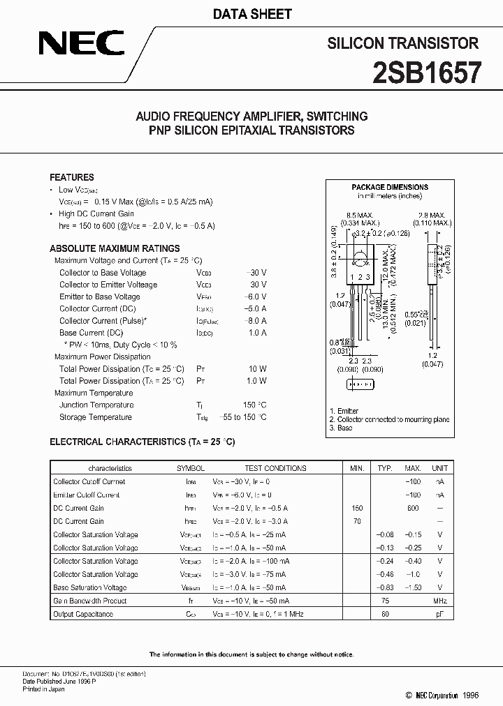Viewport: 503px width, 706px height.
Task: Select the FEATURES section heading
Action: (72, 177)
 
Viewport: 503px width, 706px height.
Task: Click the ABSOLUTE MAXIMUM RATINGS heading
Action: (115, 248)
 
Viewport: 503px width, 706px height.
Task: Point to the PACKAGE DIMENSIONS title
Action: (389, 187)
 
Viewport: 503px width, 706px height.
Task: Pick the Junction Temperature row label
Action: (96, 405)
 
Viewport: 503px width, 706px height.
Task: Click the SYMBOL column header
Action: (190, 468)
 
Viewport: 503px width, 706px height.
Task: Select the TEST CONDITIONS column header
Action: (275, 468)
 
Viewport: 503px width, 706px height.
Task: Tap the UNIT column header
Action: (439, 468)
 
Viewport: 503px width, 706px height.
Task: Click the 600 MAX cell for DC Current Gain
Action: (413, 508)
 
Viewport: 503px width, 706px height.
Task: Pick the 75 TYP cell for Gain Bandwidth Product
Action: (384, 601)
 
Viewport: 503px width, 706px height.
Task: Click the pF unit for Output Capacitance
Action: (439, 614)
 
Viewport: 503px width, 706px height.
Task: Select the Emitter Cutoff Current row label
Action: (87, 495)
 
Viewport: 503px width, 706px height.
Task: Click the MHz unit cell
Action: (439, 601)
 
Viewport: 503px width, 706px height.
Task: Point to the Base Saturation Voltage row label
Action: (90, 587)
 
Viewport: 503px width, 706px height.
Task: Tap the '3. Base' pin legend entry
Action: (342, 428)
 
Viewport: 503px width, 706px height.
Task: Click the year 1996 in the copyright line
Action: (472, 696)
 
